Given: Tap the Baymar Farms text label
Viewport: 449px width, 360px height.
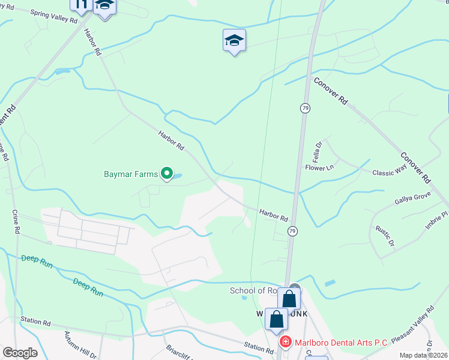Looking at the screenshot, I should pos(130,175).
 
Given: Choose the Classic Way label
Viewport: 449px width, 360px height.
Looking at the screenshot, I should pos(390,172).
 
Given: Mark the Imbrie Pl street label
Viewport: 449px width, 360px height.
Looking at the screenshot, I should pos(436,221).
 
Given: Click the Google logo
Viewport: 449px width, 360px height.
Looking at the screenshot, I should pos(20,353).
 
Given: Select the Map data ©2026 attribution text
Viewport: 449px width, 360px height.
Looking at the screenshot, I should pos(423,355).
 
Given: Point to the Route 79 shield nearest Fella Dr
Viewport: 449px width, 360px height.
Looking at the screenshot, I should pos(306,108).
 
